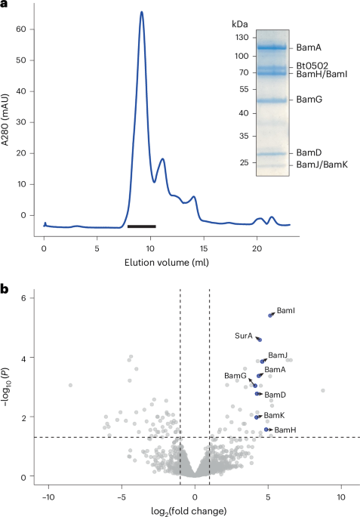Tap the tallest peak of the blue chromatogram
pos(141,12)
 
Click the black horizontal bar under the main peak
pos(141,226)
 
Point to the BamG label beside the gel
pos(309,100)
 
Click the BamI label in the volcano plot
pos(286,310)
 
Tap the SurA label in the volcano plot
pos(243,336)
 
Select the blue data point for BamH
pos(267,429)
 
